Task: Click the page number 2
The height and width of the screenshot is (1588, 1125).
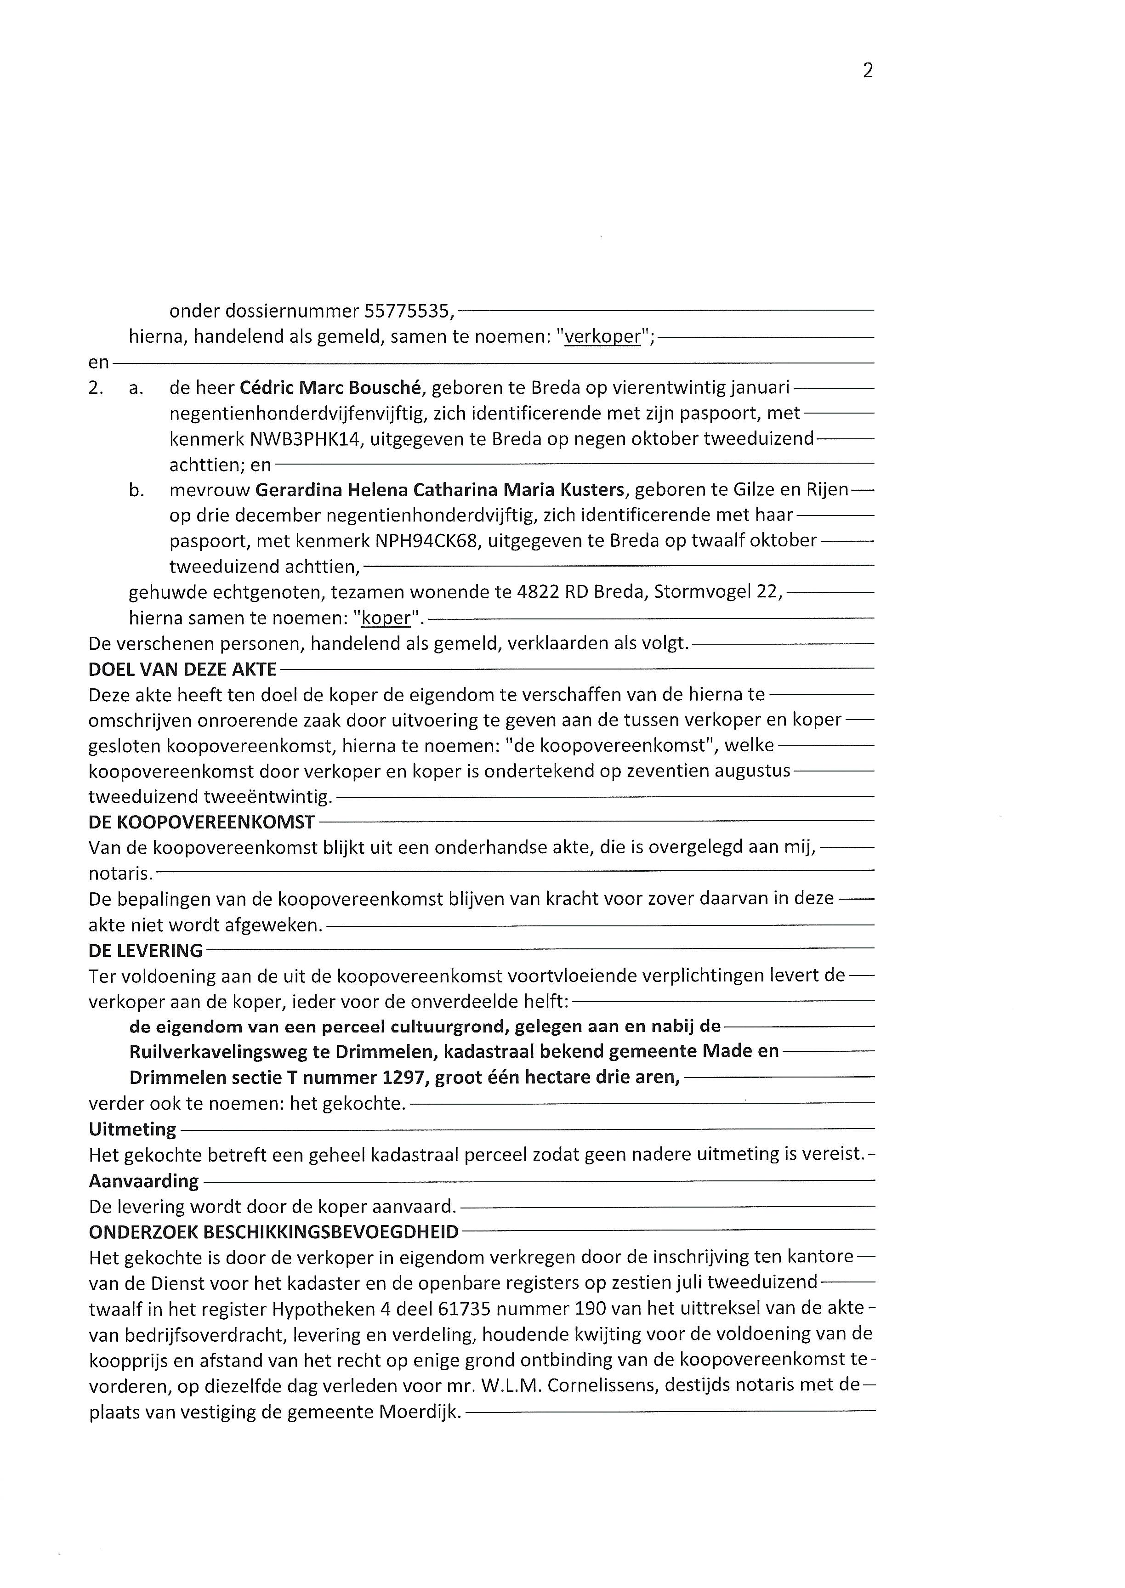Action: click(867, 71)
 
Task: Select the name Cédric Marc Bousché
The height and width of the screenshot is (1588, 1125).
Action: click(331, 389)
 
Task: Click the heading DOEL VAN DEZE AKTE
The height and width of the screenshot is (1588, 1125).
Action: click(182, 669)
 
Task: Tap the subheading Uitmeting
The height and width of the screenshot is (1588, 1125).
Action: click(132, 1129)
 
